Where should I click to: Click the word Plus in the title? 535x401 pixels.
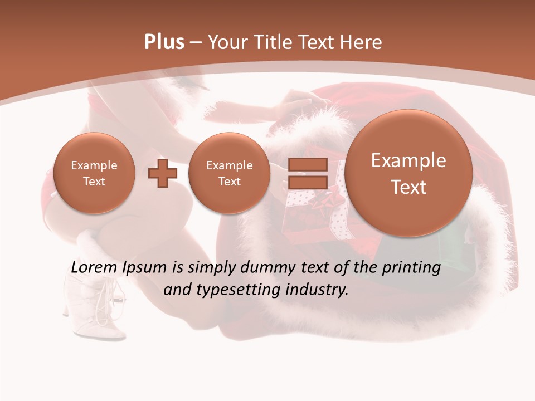coord(164,42)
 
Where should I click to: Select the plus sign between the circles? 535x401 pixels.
coord(163,173)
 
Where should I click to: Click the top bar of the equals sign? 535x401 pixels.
coord(308,164)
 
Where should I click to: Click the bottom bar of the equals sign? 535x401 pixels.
coord(308,182)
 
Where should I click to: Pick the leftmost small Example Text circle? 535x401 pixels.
coord(94,173)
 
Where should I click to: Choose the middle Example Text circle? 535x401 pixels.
coord(229,173)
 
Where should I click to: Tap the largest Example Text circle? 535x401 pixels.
coord(408,173)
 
